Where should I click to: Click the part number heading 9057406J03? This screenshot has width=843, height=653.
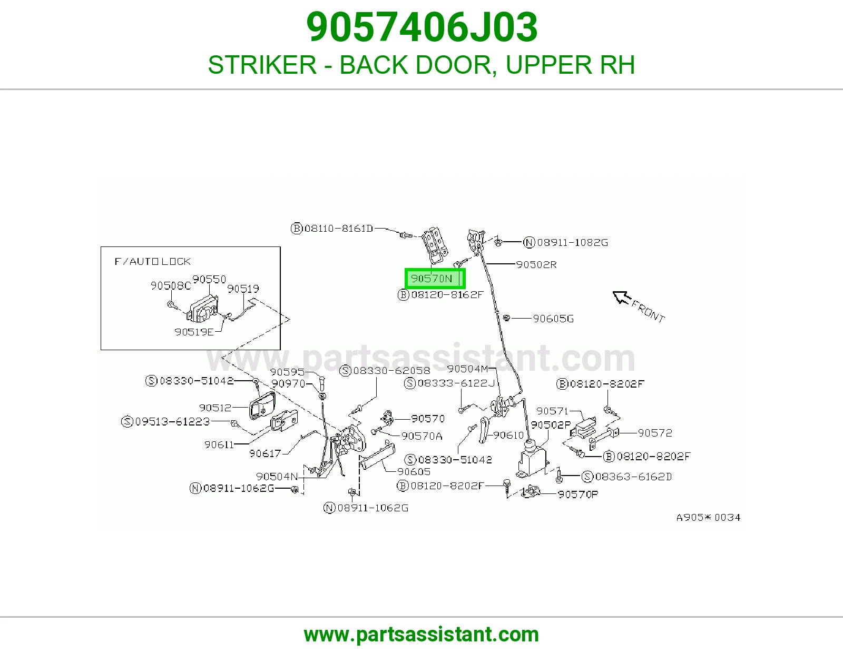pos(421,27)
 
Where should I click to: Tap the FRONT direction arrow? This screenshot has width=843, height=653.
pos(622,298)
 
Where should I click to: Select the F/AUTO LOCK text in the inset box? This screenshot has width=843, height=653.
pos(152,261)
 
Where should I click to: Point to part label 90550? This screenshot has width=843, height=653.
pos(209,279)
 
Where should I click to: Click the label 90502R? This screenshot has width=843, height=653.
pos(536,264)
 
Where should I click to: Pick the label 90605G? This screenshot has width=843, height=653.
pos(553,319)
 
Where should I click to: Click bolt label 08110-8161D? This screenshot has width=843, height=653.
pos(332,229)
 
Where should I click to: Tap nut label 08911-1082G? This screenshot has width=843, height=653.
pos(566,242)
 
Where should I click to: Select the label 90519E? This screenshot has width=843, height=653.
pos(194,332)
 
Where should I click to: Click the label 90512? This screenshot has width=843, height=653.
pos(215,408)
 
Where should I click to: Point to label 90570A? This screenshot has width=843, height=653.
pos(421,436)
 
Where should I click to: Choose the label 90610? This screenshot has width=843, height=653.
pos(508,435)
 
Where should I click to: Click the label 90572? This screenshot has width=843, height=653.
pos(655,433)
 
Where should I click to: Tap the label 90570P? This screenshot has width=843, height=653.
pos(577,494)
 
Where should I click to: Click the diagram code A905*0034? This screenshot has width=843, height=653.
pos(709,517)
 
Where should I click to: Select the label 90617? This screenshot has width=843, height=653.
pos(265,453)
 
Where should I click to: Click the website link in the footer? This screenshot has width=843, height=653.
pos(421,635)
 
